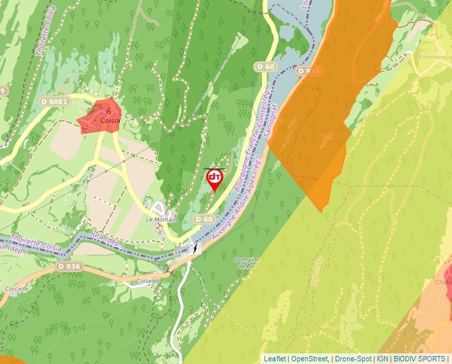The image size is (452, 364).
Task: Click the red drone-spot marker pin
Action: [x=215, y=178]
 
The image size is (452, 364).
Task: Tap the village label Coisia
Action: [x=110, y=121]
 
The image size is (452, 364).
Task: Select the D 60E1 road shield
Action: [x=54, y=102]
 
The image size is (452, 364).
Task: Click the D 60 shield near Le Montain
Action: [x=205, y=219]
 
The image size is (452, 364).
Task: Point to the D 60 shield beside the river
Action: [x=265, y=67]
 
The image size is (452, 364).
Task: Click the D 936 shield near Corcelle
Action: [x=68, y=266]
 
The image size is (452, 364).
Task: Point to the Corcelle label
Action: [x=16, y=289]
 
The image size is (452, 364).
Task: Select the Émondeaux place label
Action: [x=435, y=57]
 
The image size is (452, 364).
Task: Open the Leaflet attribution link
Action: [x=275, y=359]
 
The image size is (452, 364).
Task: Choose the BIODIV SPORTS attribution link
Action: [x=419, y=359]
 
